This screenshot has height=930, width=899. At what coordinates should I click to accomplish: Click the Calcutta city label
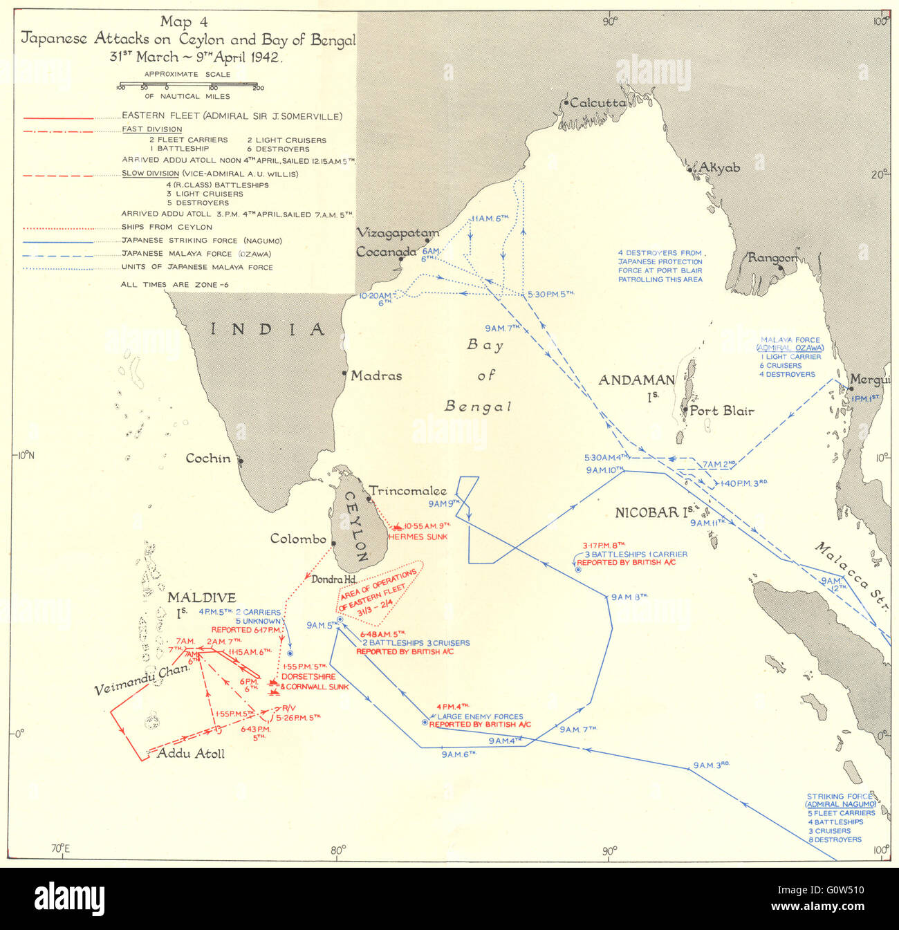(598, 103)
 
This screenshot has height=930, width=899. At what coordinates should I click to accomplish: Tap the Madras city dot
(345, 373)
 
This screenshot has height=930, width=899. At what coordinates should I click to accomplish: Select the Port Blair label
(722, 411)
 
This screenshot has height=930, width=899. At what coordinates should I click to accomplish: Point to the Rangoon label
(773, 258)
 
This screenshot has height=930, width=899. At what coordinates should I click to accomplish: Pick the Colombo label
(298, 539)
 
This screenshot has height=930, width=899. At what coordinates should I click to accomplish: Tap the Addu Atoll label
(191, 754)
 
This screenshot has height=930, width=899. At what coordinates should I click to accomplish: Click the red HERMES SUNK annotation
(418, 537)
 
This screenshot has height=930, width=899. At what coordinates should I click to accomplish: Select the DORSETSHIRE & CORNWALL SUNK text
(315, 681)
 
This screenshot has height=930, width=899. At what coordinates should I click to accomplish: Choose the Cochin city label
(207, 458)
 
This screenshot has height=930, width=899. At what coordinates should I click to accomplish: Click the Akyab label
(719, 168)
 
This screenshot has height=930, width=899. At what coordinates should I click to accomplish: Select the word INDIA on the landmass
(268, 329)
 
